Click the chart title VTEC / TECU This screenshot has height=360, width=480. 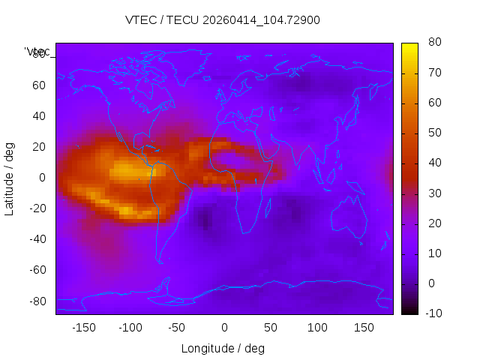222,20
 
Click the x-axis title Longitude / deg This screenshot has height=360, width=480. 223,349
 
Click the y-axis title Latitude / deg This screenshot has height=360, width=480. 10,177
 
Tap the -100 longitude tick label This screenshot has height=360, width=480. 130,328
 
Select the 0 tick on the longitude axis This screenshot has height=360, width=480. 223,328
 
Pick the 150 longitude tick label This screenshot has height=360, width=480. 364,328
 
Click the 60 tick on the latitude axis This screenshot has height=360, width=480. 39,85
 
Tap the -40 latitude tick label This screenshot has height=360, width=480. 37,239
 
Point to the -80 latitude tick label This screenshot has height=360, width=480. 37,301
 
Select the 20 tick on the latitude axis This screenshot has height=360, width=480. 39,147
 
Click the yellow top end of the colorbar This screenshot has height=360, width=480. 409,46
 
